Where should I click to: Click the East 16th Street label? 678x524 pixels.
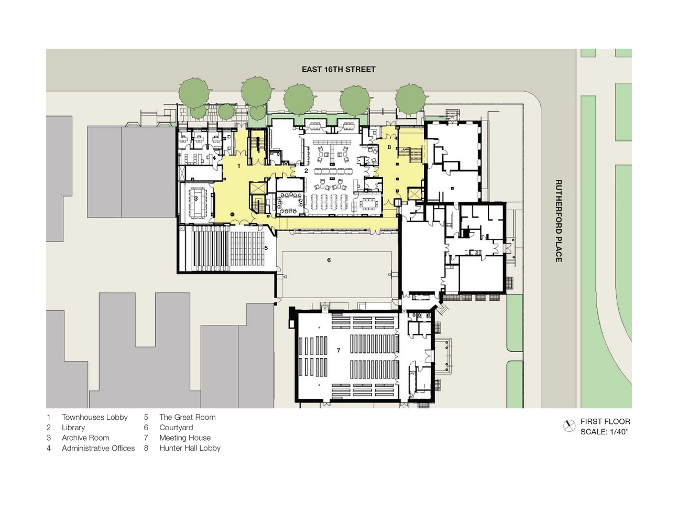tap(338, 69)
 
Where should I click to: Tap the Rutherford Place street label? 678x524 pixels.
tap(559, 221)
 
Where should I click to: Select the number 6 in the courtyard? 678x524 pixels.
tap(329, 260)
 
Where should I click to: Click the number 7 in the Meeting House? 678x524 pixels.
tap(338, 350)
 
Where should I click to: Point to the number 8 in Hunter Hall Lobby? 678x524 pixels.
tap(389, 147)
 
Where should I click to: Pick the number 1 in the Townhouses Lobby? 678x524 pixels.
tap(239, 166)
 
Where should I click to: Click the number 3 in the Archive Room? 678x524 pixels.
tap(196, 199)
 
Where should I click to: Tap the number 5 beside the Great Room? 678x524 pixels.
tap(266, 248)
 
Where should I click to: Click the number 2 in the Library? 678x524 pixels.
tap(306, 171)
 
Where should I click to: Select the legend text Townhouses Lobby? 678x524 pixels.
tap(95, 417)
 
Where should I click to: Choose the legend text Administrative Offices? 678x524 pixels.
tap(98, 448)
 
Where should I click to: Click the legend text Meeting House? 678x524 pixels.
tap(185, 438)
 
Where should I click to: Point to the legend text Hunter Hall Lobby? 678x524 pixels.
tap(190, 448)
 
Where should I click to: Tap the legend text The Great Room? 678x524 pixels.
tap(188, 417)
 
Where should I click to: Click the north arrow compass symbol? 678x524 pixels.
tap(569, 426)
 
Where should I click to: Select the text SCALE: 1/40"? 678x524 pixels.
tap(604, 432)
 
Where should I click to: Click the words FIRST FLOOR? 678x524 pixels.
tap(605, 421)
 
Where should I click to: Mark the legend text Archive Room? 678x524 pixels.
tap(85, 438)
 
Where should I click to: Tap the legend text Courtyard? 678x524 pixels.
tap(176, 428)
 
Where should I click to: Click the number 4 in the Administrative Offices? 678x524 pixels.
tap(214, 158)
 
